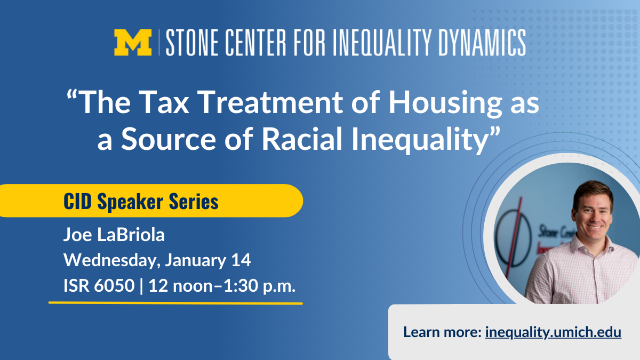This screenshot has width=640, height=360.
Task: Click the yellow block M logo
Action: coord(133,42)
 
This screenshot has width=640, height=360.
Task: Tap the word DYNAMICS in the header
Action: coord(482,42)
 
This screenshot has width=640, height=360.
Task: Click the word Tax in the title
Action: coord(164,102)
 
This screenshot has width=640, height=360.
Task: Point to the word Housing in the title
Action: coord(445,103)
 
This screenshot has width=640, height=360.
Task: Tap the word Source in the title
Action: coord(169,139)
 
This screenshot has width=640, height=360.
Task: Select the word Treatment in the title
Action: coord(270,102)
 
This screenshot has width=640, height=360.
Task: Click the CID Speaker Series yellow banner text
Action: coord(141,202)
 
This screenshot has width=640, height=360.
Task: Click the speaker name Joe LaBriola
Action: coord(114,235)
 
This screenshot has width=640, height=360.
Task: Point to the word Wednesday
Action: coord(112,260)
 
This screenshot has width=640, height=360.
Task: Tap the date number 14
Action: coord(241,260)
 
